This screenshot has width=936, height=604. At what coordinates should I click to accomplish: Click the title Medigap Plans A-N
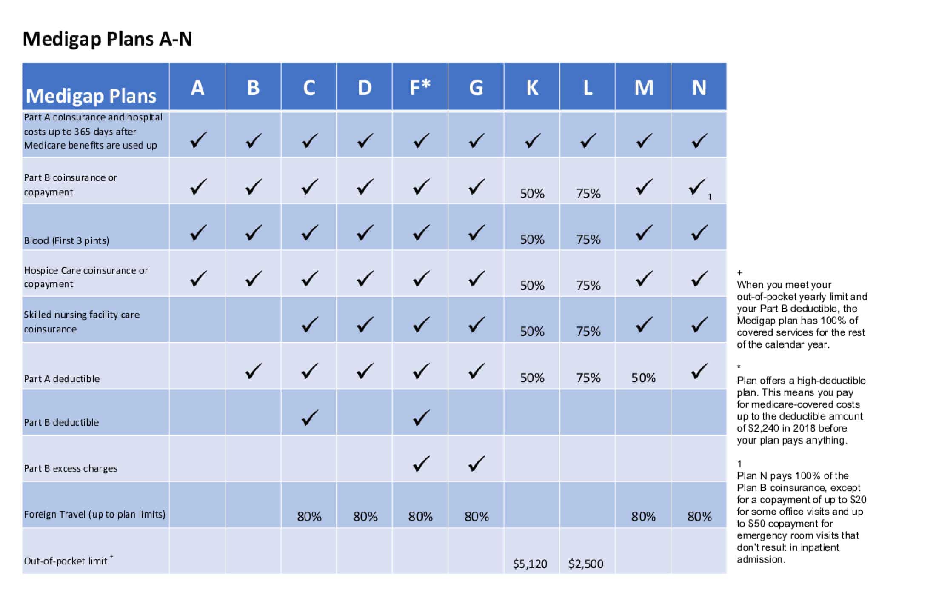click(107, 39)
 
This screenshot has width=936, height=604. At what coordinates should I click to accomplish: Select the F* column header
click(420, 88)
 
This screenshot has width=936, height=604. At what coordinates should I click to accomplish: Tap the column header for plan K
click(532, 88)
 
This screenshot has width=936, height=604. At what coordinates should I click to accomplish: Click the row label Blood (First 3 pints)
click(66, 240)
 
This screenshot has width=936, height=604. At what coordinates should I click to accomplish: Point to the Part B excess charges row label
click(70, 468)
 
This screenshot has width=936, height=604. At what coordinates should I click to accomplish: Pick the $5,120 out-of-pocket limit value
click(530, 564)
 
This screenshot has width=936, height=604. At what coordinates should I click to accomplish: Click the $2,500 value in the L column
click(586, 564)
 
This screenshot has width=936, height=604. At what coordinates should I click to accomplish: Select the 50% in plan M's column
click(643, 378)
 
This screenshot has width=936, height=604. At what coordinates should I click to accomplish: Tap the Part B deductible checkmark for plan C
click(309, 418)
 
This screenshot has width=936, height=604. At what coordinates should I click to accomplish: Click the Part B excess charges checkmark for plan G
click(477, 464)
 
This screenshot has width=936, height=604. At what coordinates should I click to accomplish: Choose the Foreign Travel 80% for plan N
click(699, 517)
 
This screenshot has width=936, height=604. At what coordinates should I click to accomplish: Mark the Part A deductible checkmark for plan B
click(254, 371)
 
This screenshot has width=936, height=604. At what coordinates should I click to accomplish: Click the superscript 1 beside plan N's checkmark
click(709, 197)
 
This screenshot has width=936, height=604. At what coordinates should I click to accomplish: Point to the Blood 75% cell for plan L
click(588, 240)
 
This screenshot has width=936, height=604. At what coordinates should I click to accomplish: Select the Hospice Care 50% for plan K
click(532, 285)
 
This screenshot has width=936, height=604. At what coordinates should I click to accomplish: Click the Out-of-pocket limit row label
click(66, 561)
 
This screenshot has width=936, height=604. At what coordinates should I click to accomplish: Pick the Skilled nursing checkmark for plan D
click(365, 325)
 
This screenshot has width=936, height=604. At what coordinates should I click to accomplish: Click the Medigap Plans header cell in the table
click(91, 95)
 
